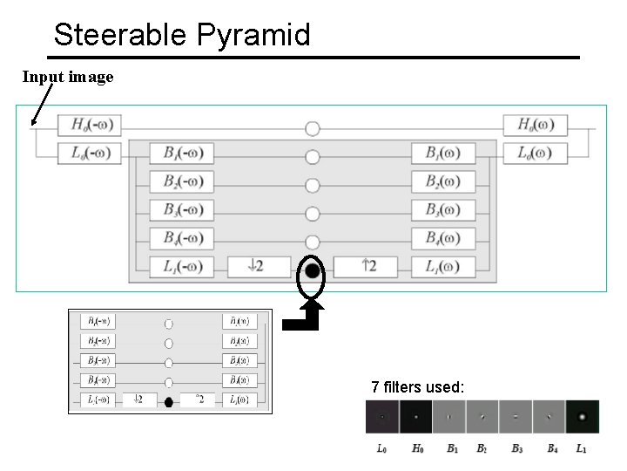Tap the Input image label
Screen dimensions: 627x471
point(68,77)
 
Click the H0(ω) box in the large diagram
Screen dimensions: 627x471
point(535,125)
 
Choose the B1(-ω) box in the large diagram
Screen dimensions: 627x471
point(181,154)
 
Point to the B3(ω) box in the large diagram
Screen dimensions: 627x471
point(443,209)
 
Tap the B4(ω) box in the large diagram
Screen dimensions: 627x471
point(443,237)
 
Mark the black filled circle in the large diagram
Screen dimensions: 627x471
point(313,270)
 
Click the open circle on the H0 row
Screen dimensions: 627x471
point(313,128)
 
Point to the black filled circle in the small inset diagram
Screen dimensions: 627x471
point(169,401)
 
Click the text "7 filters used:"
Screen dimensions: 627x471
point(418,386)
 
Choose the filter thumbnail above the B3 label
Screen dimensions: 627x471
point(516,417)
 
